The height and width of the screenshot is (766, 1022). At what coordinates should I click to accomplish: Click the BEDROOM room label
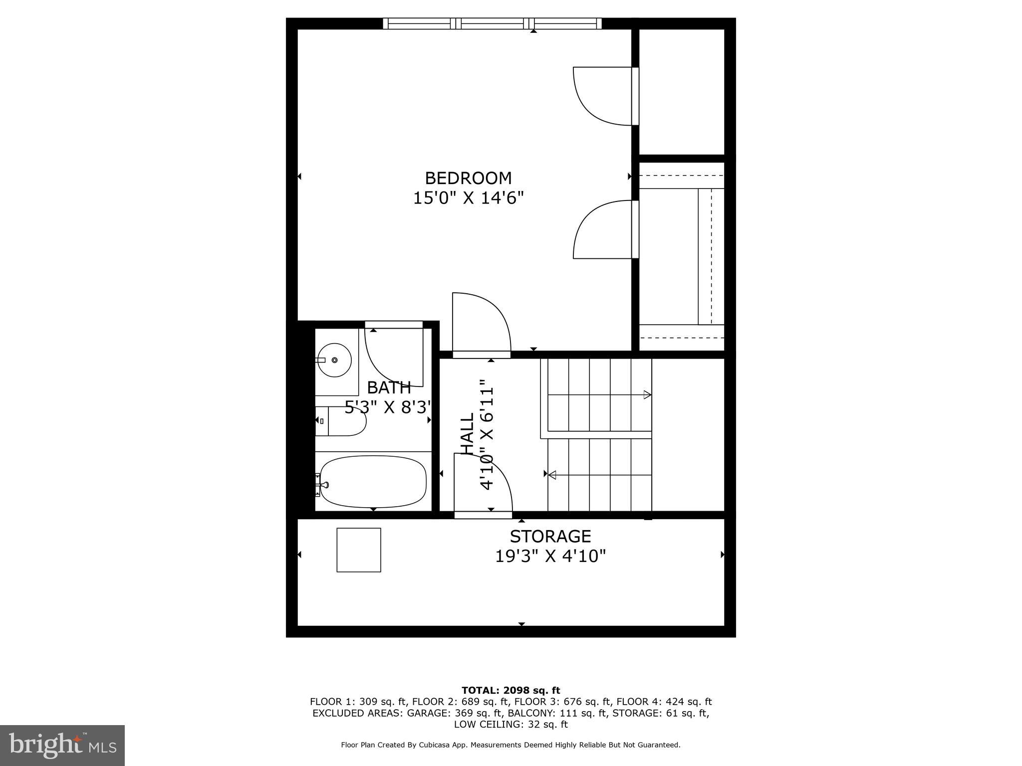click(x=468, y=178)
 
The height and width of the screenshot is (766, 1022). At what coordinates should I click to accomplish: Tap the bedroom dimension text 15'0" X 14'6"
click(x=468, y=198)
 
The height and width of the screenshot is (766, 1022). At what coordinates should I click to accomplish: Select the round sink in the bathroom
click(x=334, y=360)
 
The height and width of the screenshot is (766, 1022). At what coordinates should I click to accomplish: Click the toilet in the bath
click(x=340, y=421)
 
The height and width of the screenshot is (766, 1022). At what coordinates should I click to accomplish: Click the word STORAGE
click(x=550, y=537)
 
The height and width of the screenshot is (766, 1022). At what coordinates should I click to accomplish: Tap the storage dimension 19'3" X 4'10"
click(x=550, y=556)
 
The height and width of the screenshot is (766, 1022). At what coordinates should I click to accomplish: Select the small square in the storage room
click(x=359, y=550)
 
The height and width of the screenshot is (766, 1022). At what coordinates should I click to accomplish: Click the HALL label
click(x=467, y=433)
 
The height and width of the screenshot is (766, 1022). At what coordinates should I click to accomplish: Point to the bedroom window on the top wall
click(x=492, y=23)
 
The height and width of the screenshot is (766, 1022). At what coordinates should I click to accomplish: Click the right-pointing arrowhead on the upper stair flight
click(x=647, y=395)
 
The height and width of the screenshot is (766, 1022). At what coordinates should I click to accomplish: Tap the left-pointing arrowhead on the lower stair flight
click(x=552, y=475)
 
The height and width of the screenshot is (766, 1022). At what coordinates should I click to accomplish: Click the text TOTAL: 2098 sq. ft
click(x=511, y=691)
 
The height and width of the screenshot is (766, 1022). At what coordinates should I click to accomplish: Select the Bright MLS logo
click(x=62, y=745)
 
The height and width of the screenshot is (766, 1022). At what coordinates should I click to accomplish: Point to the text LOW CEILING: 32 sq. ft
click(x=511, y=724)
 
